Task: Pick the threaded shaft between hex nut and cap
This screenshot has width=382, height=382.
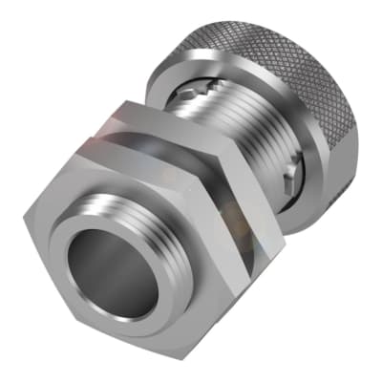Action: click(248, 143)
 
